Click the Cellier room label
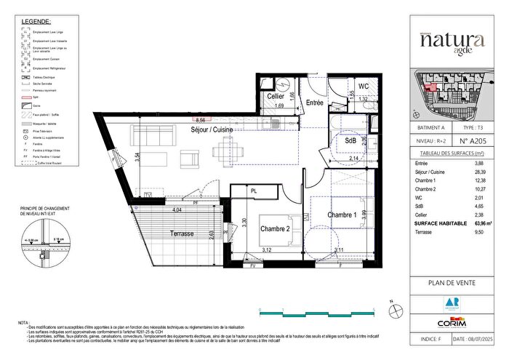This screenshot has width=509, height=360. pos(275,96)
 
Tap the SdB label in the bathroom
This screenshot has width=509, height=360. pos(350,140)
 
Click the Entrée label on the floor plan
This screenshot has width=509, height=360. pos(313,103)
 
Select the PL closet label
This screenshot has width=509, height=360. pos(254,191)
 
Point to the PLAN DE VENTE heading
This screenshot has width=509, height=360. pos(451,284)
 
